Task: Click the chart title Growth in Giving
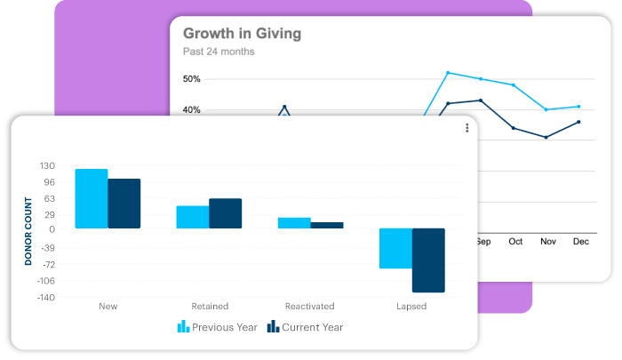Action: tap(242, 34)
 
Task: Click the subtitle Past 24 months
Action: tap(219, 52)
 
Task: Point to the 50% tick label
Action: tap(191, 79)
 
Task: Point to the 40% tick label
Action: tap(191, 110)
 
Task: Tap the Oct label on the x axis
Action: tap(515, 241)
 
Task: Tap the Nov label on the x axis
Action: tap(548, 241)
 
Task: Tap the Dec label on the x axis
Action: tap(580, 241)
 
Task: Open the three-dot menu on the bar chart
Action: tap(467, 129)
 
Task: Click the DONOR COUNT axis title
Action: tap(28, 231)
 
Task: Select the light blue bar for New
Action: tap(92, 198)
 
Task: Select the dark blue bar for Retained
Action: tap(225, 213)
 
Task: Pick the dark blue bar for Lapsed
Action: tap(428, 260)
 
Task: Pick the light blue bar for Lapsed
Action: tap(395, 248)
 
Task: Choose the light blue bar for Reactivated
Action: tap(294, 223)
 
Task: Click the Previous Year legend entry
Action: tap(218, 327)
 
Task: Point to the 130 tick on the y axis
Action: tap(47, 166)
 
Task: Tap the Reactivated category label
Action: tap(309, 307)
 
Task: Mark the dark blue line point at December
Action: tap(578, 122)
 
